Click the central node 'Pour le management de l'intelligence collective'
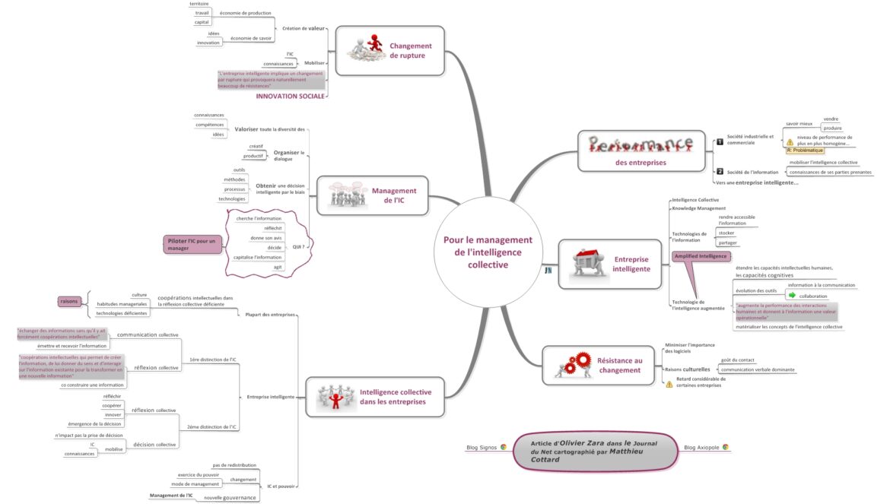[x=488, y=252]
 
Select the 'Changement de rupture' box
[x=389, y=51]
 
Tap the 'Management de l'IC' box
[x=372, y=196]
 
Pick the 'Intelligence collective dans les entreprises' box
[x=376, y=397]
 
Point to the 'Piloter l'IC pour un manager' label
[x=192, y=245]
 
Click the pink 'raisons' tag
[x=70, y=302]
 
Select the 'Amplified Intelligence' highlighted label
[x=701, y=256]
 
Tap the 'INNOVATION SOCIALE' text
[x=291, y=96]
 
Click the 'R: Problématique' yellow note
[x=805, y=151]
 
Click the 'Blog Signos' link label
[x=482, y=448]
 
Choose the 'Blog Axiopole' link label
[x=702, y=448]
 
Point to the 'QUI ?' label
[x=298, y=247]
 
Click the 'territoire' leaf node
[x=199, y=4]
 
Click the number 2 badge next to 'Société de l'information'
[x=720, y=171]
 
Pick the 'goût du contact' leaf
[x=737, y=360]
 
